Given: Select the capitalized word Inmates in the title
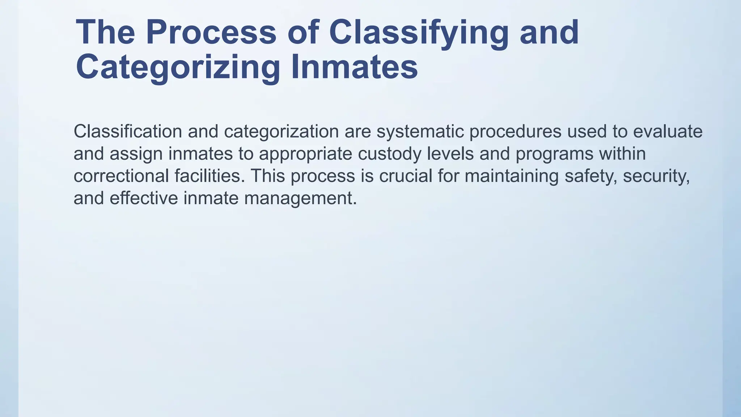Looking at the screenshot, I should [354, 67].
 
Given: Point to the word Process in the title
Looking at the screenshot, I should [211, 33].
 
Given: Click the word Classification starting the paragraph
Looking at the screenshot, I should [128, 131].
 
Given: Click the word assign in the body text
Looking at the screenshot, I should [136, 153].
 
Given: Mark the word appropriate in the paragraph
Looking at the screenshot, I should [305, 153].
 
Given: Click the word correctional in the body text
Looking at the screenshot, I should [121, 176].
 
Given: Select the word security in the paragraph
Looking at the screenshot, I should [656, 176].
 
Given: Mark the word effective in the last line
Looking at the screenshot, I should [144, 198].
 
